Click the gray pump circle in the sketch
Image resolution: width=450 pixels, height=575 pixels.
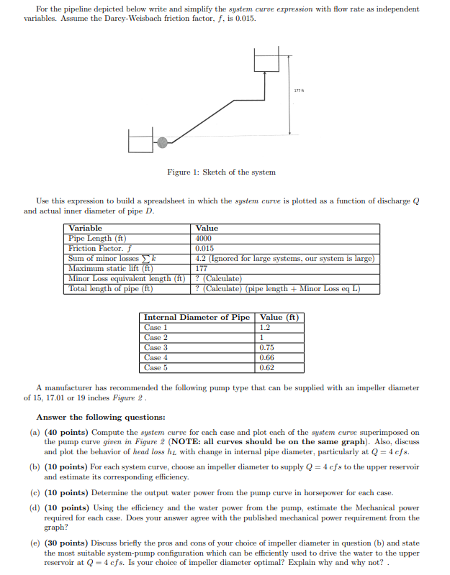pos(163,142)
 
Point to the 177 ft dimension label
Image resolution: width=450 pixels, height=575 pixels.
pos(298,89)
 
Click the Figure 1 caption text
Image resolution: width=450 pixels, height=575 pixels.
pos(221,172)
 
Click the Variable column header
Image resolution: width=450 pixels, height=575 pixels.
pos(86,228)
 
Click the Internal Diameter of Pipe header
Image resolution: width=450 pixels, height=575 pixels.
pos(197,317)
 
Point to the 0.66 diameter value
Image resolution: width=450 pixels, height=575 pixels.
pos(267,357)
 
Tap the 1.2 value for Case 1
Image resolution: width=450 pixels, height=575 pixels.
pos(265,327)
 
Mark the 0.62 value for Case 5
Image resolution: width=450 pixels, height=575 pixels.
pos(267,367)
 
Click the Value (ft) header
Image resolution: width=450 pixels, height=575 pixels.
pos(279,317)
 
